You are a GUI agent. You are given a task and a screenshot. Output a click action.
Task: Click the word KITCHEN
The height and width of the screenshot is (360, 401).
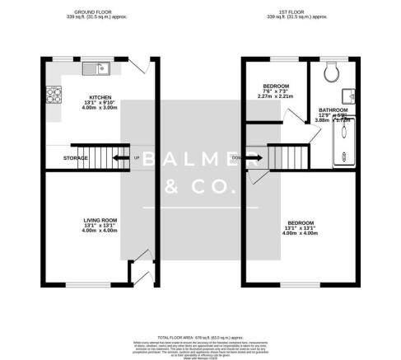coord(100,97)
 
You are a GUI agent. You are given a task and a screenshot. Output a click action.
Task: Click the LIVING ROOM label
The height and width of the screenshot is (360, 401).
coord(100,220)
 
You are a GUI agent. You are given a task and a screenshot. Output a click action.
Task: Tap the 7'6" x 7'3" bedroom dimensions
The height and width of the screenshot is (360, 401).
coord(276,91)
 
